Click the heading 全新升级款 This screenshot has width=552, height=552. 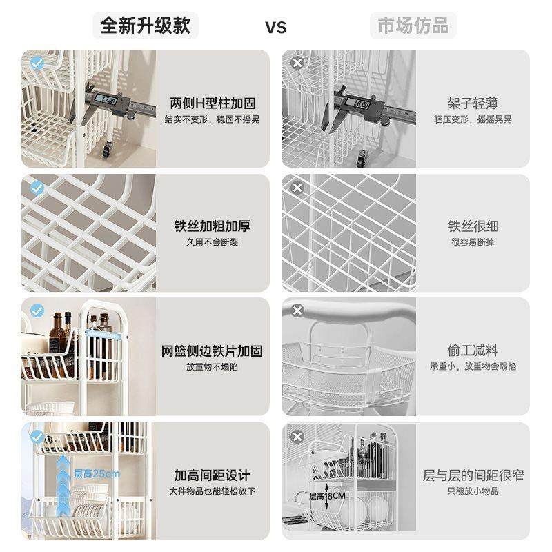(146, 26)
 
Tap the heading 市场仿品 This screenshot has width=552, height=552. (413, 26)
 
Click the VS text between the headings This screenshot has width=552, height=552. (276, 28)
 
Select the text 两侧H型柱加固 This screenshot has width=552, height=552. (213, 103)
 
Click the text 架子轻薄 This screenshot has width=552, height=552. (473, 103)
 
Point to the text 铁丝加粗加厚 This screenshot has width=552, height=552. (213, 227)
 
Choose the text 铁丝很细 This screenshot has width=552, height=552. (473, 227)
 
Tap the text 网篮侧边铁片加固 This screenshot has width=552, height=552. (213, 351)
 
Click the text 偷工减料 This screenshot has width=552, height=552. (473, 351)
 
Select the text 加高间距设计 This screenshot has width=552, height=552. (213, 475)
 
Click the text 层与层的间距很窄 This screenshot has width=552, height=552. (473, 475)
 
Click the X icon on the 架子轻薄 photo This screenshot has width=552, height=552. (297, 63)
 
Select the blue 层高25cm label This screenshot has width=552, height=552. (97, 473)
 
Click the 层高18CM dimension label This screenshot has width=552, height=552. (327, 496)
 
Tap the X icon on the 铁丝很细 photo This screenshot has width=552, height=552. (297, 187)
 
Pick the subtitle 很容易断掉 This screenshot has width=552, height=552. (473, 242)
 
